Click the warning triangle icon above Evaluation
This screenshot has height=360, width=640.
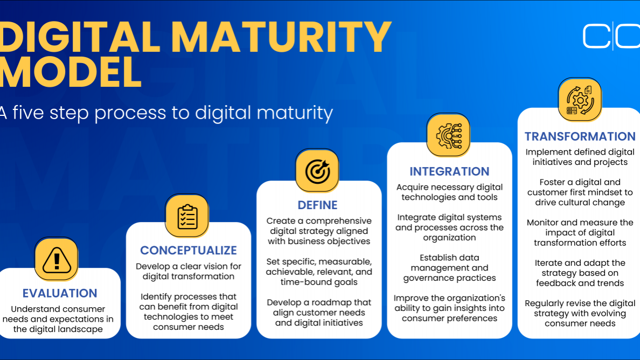tap(57, 260)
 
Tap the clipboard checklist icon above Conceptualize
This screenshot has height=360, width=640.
tap(187, 216)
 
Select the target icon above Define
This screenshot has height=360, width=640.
tap(317, 171)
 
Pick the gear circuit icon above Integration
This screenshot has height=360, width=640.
tap(449, 135)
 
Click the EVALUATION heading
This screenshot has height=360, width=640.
tap(60, 293)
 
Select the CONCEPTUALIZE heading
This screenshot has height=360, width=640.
tap(189, 250)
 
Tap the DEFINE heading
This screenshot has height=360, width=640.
tap(317, 205)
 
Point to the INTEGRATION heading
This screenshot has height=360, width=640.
tap(449, 171)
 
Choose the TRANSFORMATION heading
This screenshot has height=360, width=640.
tap(580, 136)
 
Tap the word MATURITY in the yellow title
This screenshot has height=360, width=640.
tap(281, 37)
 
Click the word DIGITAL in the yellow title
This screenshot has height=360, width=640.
tap(80, 37)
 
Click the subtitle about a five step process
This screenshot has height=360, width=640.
tap(166, 113)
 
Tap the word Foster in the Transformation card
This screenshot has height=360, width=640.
tap(552, 182)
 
